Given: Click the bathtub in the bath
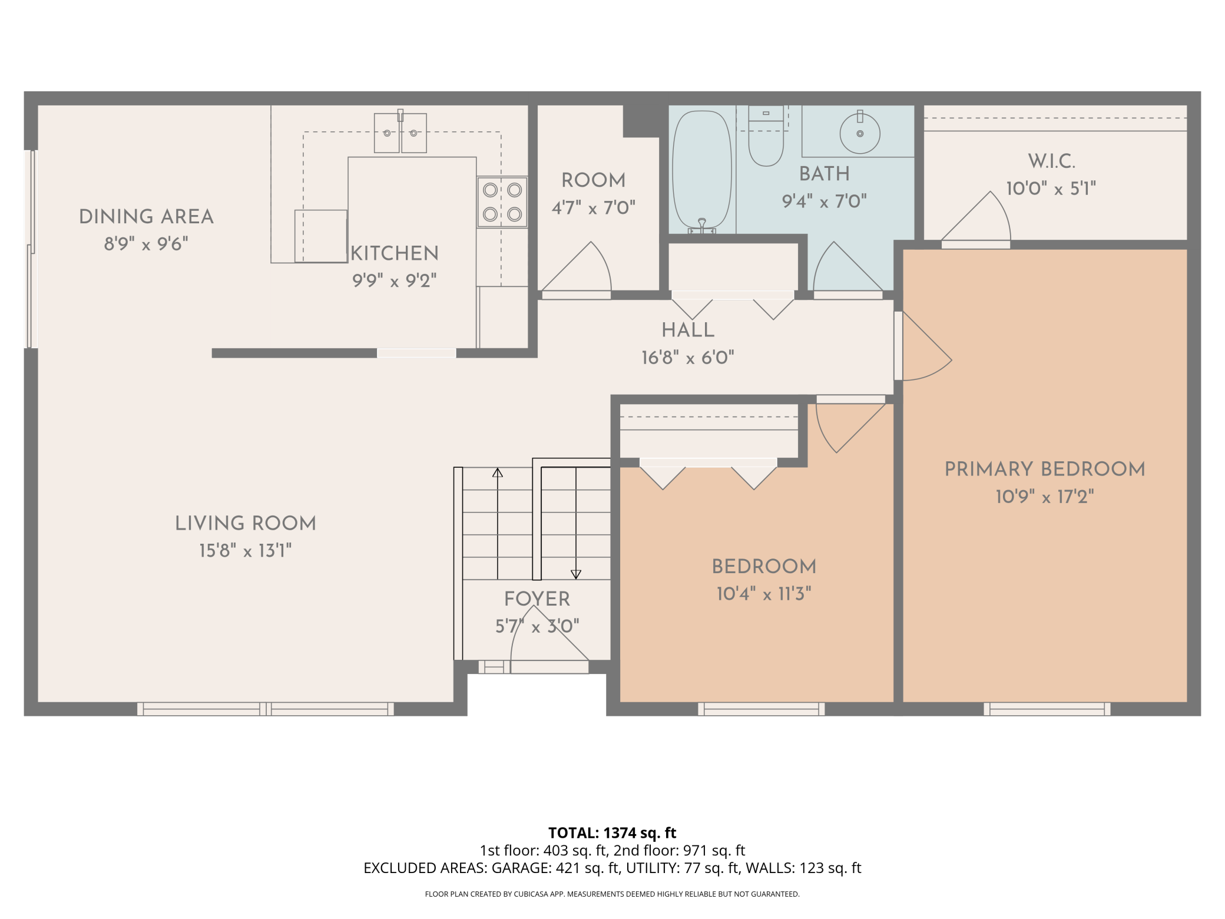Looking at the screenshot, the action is (x=702, y=171).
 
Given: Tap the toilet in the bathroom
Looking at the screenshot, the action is (x=766, y=136).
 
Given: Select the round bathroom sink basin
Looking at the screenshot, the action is (x=860, y=134).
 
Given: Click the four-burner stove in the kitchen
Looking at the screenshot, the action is (x=502, y=202).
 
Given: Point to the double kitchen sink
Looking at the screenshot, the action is (x=400, y=133).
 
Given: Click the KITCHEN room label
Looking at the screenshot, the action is (x=395, y=253).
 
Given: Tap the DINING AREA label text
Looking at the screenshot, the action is (x=146, y=217).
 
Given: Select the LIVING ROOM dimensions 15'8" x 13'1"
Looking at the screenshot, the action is (x=246, y=551).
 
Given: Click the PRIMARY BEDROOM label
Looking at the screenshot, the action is (x=1045, y=469).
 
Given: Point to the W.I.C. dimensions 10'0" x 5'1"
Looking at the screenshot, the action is (x=1051, y=189).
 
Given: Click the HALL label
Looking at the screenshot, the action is (x=688, y=330).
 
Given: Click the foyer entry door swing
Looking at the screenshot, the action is (x=549, y=640).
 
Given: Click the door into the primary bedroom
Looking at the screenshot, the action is (x=923, y=346).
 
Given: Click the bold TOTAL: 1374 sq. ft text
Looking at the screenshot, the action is (x=612, y=833).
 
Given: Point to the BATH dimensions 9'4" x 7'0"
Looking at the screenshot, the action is (x=824, y=201).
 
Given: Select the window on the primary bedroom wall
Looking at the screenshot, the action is (x=1047, y=709).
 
